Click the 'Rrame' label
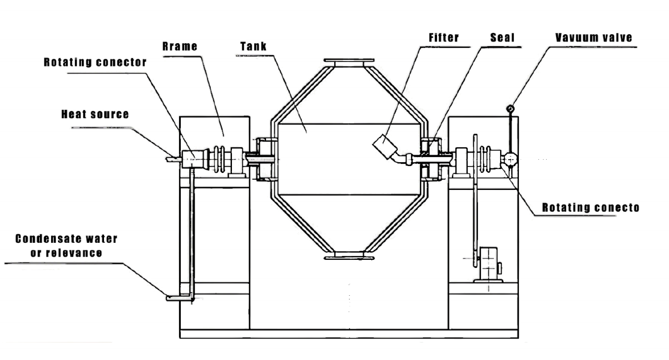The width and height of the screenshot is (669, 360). tap(180, 46)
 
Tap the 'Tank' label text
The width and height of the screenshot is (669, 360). tap(254, 46)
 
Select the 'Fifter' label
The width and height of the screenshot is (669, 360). tap(444, 38)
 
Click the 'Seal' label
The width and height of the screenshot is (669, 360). tap(502, 38)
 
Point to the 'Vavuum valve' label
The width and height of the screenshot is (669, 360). tap(593, 38)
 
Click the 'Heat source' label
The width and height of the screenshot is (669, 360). tap(95, 114)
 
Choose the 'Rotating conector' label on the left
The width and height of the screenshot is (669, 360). tap(95, 63)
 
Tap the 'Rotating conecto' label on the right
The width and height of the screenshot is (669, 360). tap(591, 208)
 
